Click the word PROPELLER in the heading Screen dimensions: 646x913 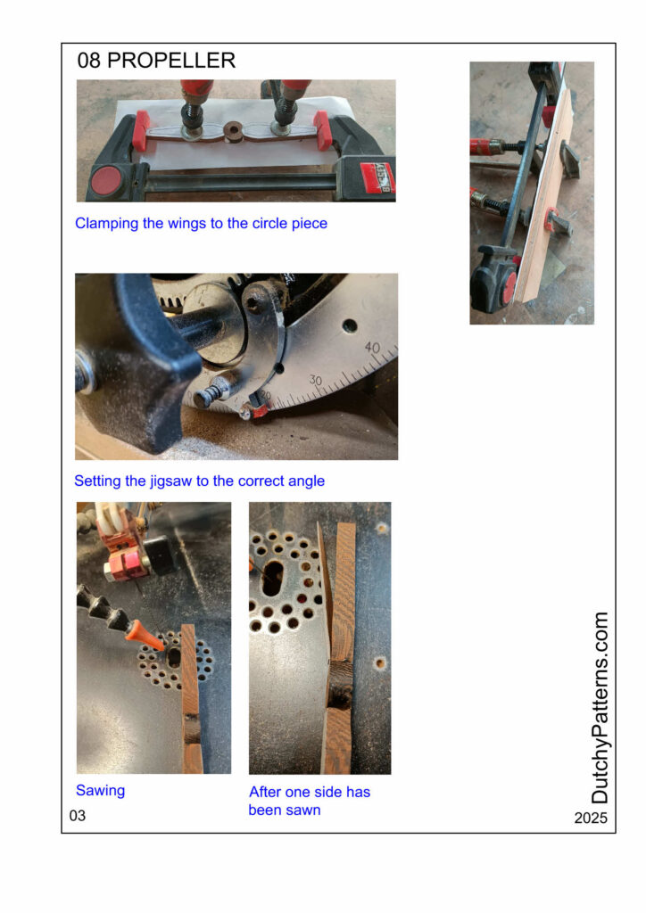tap(171, 60)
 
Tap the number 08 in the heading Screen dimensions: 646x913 tap(88, 60)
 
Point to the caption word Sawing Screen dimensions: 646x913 tap(100, 791)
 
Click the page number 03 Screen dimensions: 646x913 tap(78, 816)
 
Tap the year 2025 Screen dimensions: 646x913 tap(591, 818)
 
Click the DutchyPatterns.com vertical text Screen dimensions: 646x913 tap(600, 707)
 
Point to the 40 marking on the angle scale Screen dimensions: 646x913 tap(372, 348)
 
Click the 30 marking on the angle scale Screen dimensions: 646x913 tap(315, 380)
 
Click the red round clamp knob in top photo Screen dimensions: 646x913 tap(106, 180)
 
